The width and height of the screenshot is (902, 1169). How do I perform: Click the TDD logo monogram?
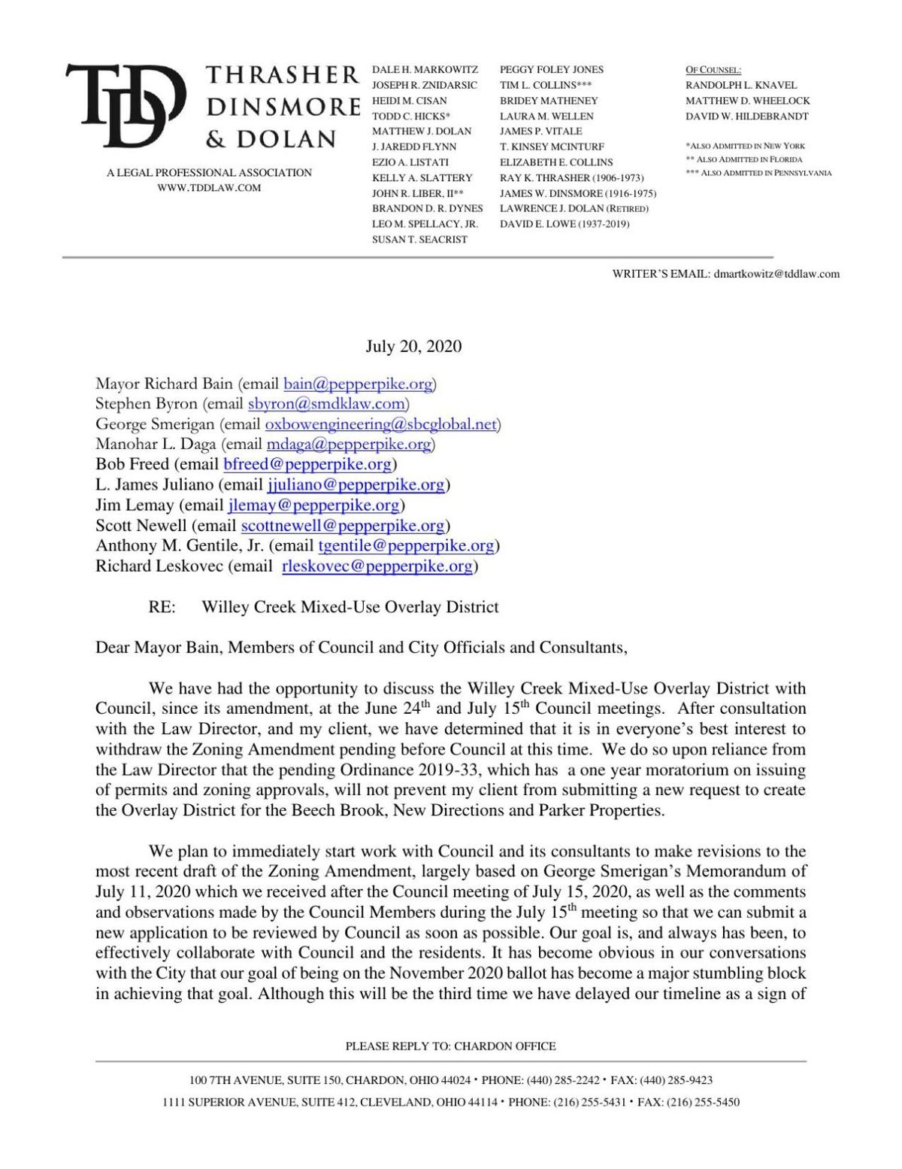tap(125, 105)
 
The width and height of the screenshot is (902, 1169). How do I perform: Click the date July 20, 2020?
tap(413, 347)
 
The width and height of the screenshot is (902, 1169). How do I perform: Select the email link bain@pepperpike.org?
tap(358, 384)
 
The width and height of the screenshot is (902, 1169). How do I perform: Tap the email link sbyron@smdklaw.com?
tap(326, 404)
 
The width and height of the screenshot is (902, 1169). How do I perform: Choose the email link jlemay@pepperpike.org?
tap(313, 506)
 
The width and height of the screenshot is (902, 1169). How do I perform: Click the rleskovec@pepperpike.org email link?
tap(377, 566)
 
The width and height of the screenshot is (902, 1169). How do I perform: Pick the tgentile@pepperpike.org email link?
tap(407, 546)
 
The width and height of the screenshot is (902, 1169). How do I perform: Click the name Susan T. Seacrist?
tap(419, 239)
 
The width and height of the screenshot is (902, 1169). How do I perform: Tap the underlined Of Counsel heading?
tap(713, 70)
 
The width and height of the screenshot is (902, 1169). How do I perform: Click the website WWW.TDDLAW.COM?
tap(209, 188)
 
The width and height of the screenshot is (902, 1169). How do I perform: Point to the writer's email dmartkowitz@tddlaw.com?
tap(776, 274)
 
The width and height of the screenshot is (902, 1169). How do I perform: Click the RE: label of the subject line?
tap(162, 607)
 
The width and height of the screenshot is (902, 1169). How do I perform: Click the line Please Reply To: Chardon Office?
tap(450, 1046)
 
